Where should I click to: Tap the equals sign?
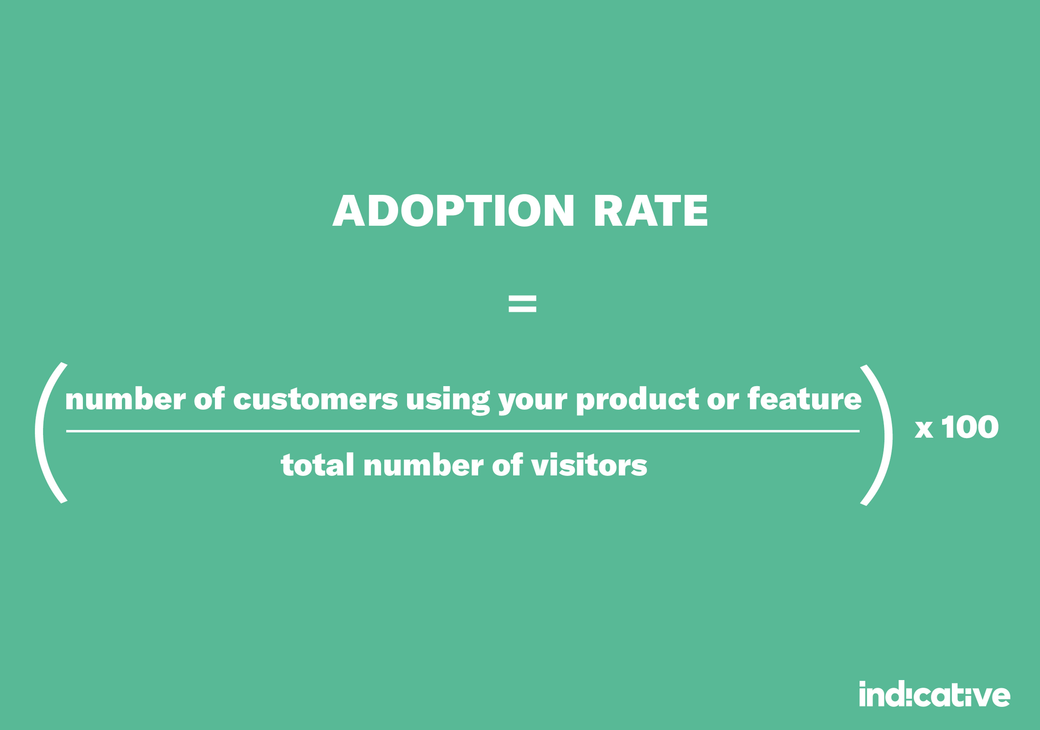tap(522, 304)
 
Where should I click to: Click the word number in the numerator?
tap(125, 400)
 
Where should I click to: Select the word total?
tap(317, 466)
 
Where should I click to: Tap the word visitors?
tap(589, 466)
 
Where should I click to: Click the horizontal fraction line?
tap(462, 431)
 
